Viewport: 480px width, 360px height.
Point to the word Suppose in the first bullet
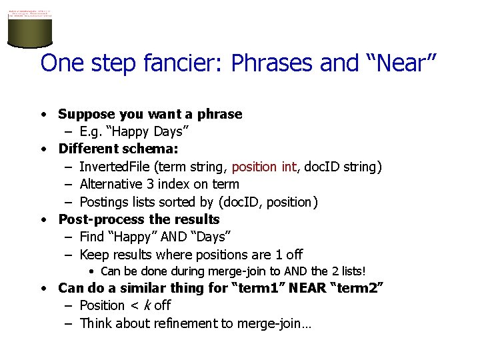(x=85, y=114)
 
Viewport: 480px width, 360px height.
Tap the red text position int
(x=263, y=167)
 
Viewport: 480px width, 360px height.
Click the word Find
(x=92, y=237)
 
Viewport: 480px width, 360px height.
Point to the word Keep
(x=93, y=255)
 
